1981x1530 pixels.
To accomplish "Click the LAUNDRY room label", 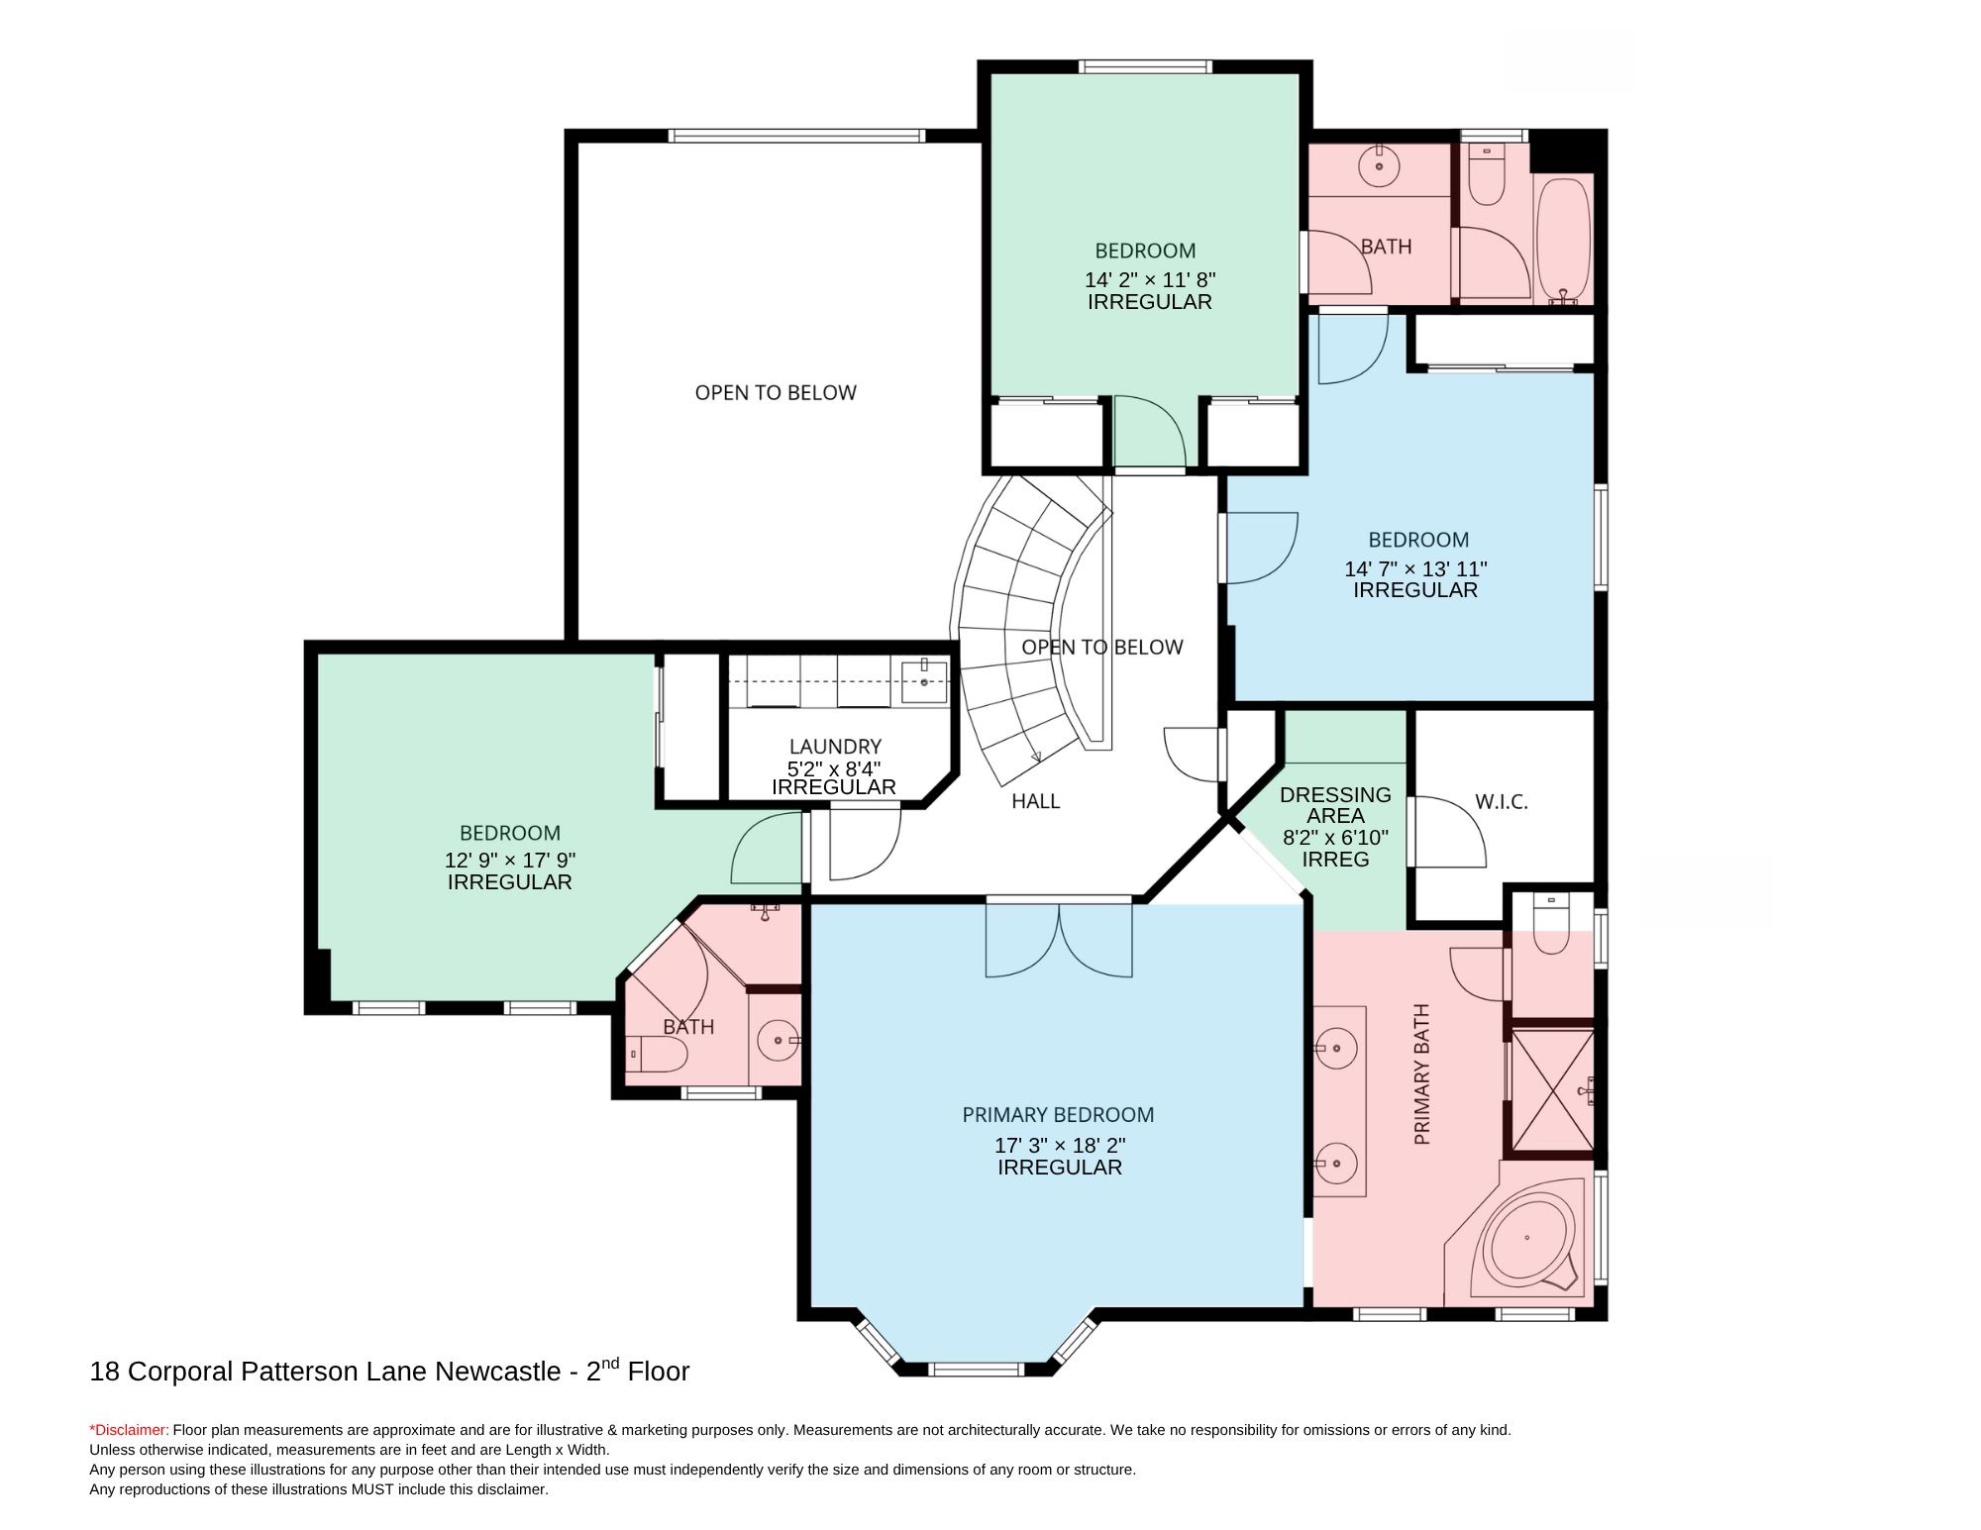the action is point(835,747).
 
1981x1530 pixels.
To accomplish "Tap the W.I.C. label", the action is point(1502,802).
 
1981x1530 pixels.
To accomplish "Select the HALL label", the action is point(1036,801).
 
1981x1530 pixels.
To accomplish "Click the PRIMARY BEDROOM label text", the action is point(1058,1115).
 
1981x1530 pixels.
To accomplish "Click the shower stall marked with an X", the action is point(1550,1092).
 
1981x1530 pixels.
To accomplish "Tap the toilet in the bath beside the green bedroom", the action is point(657,1054).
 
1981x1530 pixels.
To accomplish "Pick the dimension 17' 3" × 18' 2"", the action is point(1060,1146).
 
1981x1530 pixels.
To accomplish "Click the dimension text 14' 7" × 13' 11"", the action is point(1415,569).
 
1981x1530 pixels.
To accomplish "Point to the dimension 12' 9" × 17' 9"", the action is point(510,861).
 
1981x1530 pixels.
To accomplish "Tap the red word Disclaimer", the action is point(130,1430).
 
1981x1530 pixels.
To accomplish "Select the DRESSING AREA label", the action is point(1335,805).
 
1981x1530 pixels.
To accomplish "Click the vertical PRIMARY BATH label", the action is point(1422,1074).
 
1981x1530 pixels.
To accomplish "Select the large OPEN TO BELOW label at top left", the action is point(776,393).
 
